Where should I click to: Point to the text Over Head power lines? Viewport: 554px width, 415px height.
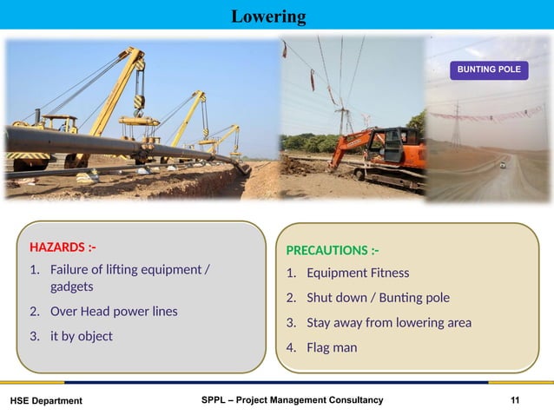tap(114, 311)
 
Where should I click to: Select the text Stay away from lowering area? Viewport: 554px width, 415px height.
tap(388, 323)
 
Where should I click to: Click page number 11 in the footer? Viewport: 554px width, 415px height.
tap(516, 399)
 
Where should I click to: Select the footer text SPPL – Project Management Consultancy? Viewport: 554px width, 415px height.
tap(291, 399)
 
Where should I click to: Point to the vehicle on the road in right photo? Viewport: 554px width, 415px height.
tap(503, 164)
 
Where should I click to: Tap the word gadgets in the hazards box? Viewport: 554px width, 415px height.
tap(71, 286)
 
